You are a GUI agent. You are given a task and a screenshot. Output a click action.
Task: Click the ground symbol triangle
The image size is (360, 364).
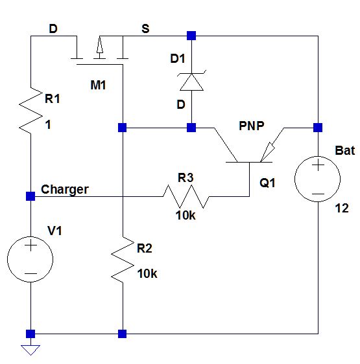[x=30, y=350]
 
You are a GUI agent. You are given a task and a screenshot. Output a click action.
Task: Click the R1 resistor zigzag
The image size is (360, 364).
[x=30, y=111]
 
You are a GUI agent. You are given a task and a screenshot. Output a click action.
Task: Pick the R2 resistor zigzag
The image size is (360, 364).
[x=123, y=260]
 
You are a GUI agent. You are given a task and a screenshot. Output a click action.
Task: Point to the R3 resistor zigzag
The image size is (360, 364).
[x=186, y=196]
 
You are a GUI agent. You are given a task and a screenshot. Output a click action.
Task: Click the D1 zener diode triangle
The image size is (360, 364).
[x=191, y=82]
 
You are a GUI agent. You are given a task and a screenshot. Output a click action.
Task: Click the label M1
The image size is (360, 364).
[x=98, y=85]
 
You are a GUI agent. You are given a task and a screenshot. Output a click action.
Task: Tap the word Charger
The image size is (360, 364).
[x=65, y=190]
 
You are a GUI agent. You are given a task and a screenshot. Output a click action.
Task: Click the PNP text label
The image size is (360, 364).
[x=252, y=126]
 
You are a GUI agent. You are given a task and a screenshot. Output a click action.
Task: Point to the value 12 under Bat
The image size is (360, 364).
[x=342, y=209]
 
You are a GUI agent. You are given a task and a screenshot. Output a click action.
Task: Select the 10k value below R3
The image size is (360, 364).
[x=186, y=216]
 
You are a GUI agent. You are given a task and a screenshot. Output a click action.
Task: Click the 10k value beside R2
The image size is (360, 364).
[x=147, y=274]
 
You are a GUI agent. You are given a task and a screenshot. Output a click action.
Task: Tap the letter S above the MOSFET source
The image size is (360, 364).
[x=145, y=28]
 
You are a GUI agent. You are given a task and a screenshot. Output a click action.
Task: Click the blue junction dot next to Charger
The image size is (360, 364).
[x=30, y=196]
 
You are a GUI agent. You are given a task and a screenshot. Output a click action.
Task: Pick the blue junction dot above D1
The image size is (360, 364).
[x=191, y=36]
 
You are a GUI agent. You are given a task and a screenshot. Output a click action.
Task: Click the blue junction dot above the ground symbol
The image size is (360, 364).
[x=30, y=334]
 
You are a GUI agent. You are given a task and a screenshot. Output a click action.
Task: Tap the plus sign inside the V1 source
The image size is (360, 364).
[x=31, y=245]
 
